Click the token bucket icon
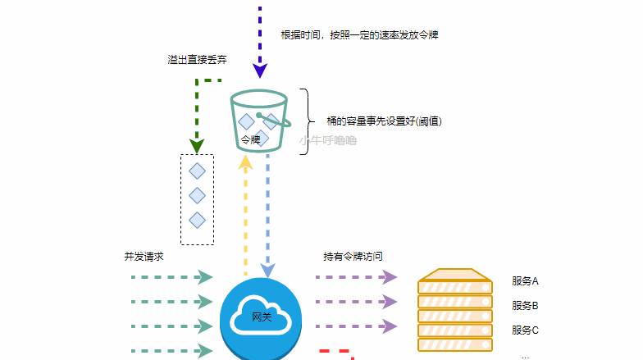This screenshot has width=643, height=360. pos(260,121)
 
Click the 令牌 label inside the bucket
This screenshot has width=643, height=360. pos(250,140)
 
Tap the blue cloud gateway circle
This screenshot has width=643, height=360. pos(261,317)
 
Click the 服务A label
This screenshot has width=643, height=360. pos(524,280)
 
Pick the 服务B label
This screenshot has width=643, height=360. pos(524,305)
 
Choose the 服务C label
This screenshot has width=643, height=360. pos(524,330)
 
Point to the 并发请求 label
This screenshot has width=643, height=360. pos(144,257)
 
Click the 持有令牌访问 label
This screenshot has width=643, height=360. pos(353,257)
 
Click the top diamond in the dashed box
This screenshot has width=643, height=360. pos(197,171)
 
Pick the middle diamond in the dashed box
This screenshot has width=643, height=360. pos(197,195)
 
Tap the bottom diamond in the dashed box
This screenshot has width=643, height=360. pos(197,220)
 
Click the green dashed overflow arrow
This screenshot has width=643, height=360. pos(197,115)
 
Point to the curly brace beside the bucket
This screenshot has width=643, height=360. pos(305,121)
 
